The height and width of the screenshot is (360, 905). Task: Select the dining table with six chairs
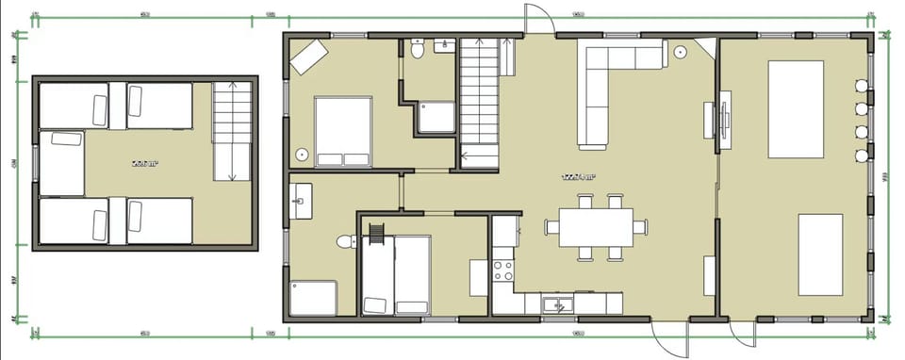coord(596,227)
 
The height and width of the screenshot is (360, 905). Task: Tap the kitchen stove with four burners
coord(503,272)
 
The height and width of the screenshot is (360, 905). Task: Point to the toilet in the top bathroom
coord(417,52)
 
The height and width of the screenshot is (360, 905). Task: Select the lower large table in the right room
coord(827,255)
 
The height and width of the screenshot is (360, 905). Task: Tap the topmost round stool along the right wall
coord(860,86)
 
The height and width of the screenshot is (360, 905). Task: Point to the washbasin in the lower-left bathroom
coord(303,197)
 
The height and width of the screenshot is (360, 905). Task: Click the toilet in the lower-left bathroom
coord(343,242)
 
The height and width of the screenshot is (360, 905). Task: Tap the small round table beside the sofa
coord(681,54)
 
